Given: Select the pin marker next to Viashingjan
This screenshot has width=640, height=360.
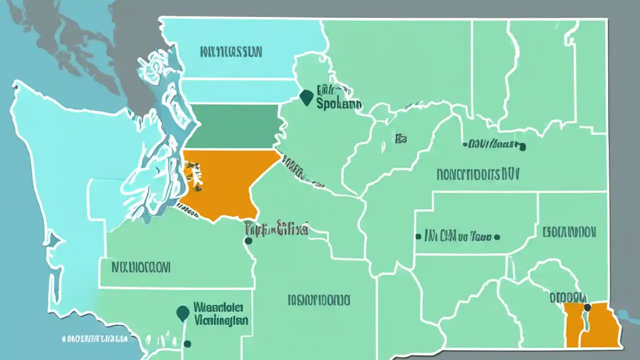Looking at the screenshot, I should [183, 313].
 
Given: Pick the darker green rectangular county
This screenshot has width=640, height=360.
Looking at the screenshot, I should [232, 126].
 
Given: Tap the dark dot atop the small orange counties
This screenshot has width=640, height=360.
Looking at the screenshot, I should [587, 307].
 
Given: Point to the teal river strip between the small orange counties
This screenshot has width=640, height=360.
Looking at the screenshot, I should [584, 327].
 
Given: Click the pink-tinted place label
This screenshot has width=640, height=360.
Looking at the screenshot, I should [276, 229].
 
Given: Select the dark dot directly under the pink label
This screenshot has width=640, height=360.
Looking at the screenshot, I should [248, 241].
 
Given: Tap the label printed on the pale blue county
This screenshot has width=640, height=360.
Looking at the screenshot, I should [231, 51].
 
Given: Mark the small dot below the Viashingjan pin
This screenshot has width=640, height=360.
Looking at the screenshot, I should [187, 343].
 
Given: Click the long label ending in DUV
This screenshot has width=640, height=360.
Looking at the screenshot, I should [478, 173].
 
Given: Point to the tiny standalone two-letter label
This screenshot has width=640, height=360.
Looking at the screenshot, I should [400, 139].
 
